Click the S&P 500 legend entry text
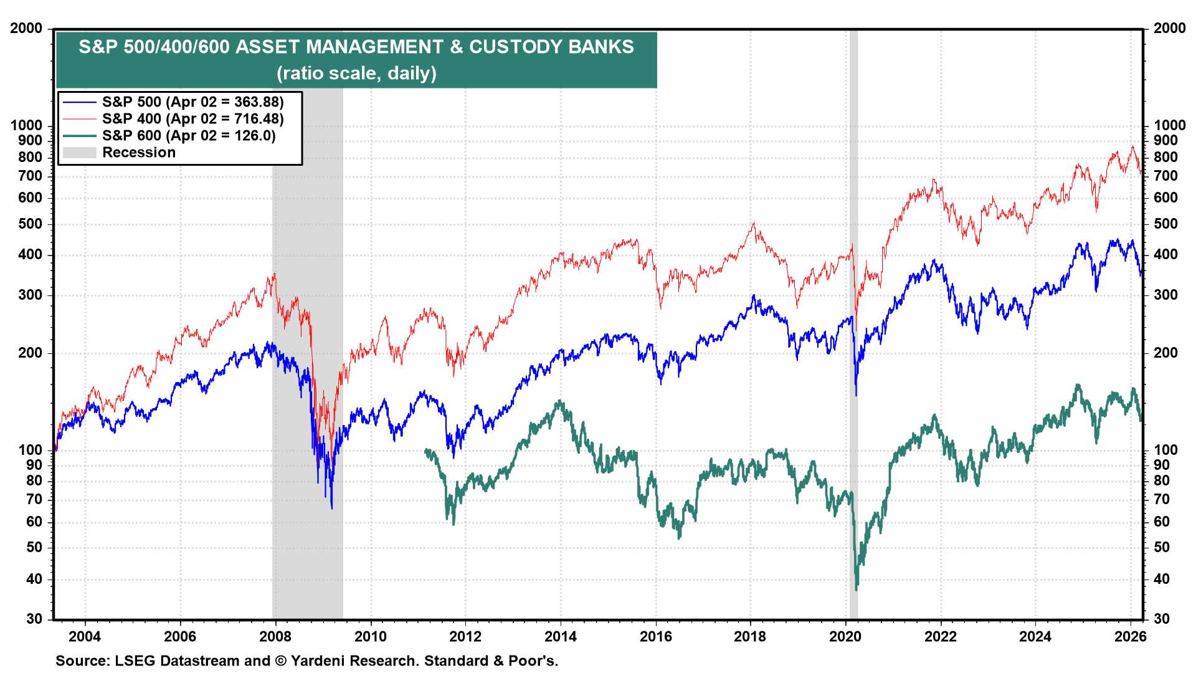[192, 102]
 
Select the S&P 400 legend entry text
[192, 118]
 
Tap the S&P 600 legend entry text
[188, 135]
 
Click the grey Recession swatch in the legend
[79, 153]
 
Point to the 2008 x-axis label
[275, 636]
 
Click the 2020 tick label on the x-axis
[845, 636]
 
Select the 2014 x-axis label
[560, 636]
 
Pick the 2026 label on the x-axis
[1130, 636]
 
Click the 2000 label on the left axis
[26, 28]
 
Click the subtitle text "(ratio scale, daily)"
[356, 74]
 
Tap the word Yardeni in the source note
[318, 661]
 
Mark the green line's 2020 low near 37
[857, 588]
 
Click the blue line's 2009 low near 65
[331, 508]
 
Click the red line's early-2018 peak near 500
[754, 223]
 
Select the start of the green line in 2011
[425, 450]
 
